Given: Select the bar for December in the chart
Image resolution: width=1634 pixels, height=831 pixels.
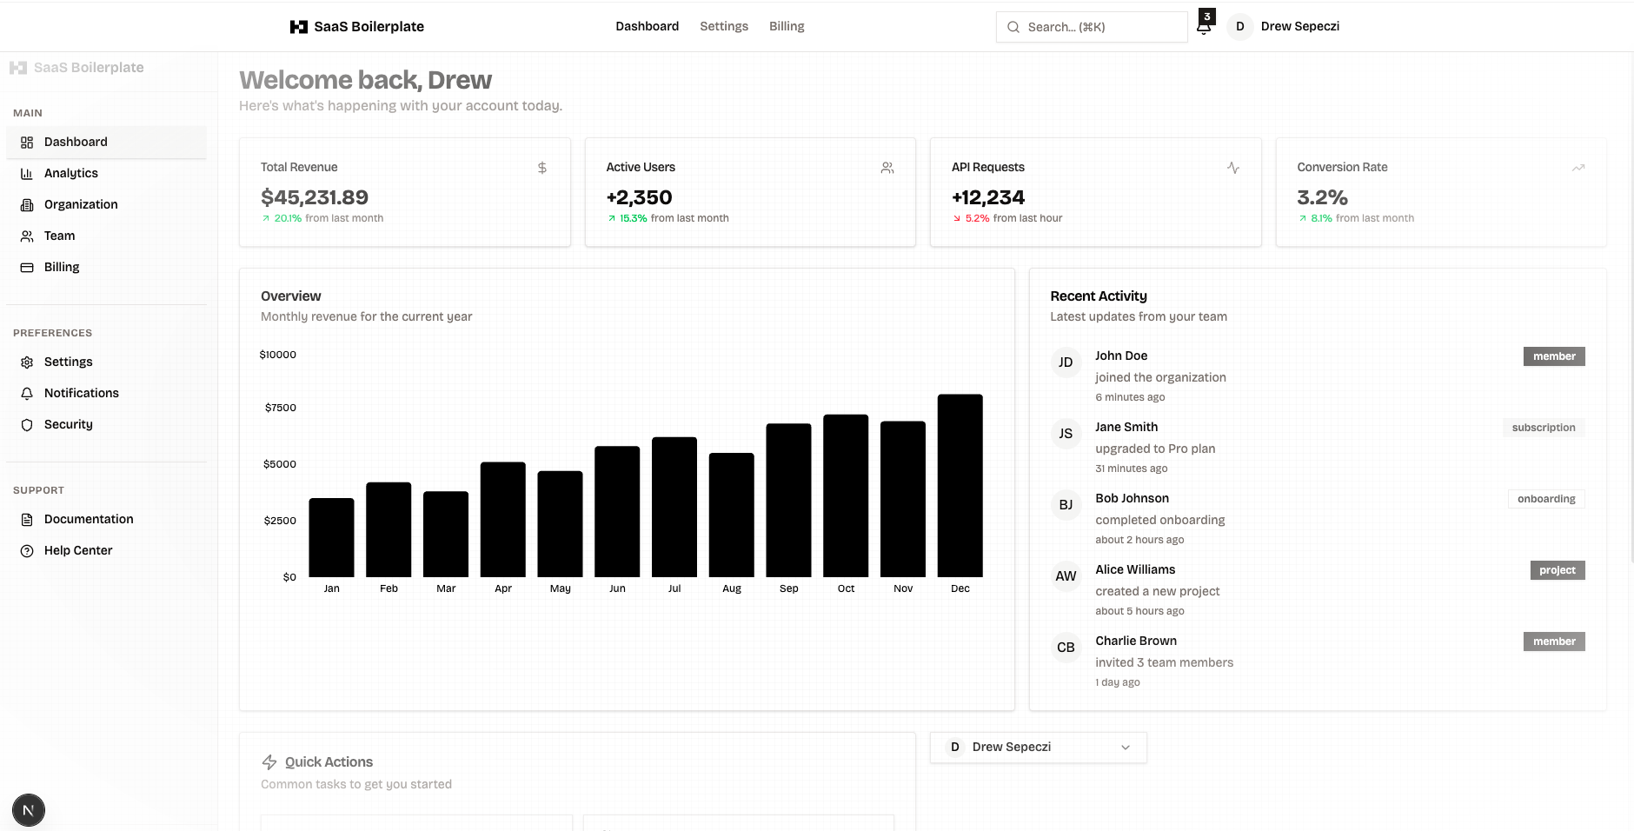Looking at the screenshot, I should [x=960, y=486].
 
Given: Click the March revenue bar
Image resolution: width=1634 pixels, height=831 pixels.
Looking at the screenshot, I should [x=446, y=534].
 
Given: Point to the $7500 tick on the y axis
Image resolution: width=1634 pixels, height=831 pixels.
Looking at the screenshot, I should [x=280, y=408].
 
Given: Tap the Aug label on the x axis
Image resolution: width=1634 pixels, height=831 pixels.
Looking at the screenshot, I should [x=732, y=588].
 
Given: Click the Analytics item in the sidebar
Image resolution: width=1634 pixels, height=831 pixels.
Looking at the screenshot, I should [x=71, y=173].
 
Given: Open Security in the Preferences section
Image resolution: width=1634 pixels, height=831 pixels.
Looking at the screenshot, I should [x=68, y=424].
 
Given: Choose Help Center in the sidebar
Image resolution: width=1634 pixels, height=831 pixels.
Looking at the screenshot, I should [x=78, y=550].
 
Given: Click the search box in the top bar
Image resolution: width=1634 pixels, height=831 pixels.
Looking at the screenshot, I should [x=1092, y=27].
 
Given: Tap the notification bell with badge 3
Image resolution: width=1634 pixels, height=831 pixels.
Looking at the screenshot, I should [x=1204, y=26].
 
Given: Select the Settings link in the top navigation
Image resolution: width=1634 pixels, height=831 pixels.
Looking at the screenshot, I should [x=723, y=26].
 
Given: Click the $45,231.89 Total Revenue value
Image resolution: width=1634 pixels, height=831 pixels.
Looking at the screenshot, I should [x=315, y=197].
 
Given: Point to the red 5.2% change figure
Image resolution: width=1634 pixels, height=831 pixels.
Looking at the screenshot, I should [x=977, y=218].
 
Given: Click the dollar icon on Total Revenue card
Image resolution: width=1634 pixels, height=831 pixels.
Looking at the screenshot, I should [x=542, y=168].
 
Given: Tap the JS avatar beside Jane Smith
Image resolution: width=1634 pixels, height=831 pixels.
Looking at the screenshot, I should [x=1066, y=434].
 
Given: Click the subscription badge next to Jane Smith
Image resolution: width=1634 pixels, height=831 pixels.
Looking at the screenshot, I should [x=1543, y=428].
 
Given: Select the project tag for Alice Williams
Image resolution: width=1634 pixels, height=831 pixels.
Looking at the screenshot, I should [x=1557, y=570].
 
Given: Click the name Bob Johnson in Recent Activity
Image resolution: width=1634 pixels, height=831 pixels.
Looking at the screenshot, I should [x=1132, y=498].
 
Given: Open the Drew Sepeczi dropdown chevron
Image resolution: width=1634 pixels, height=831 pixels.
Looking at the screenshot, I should [x=1126, y=748].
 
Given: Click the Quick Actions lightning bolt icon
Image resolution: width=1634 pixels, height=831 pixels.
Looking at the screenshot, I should [x=269, y=762].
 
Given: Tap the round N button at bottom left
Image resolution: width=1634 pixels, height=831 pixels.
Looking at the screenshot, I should [x=29, y=810].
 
